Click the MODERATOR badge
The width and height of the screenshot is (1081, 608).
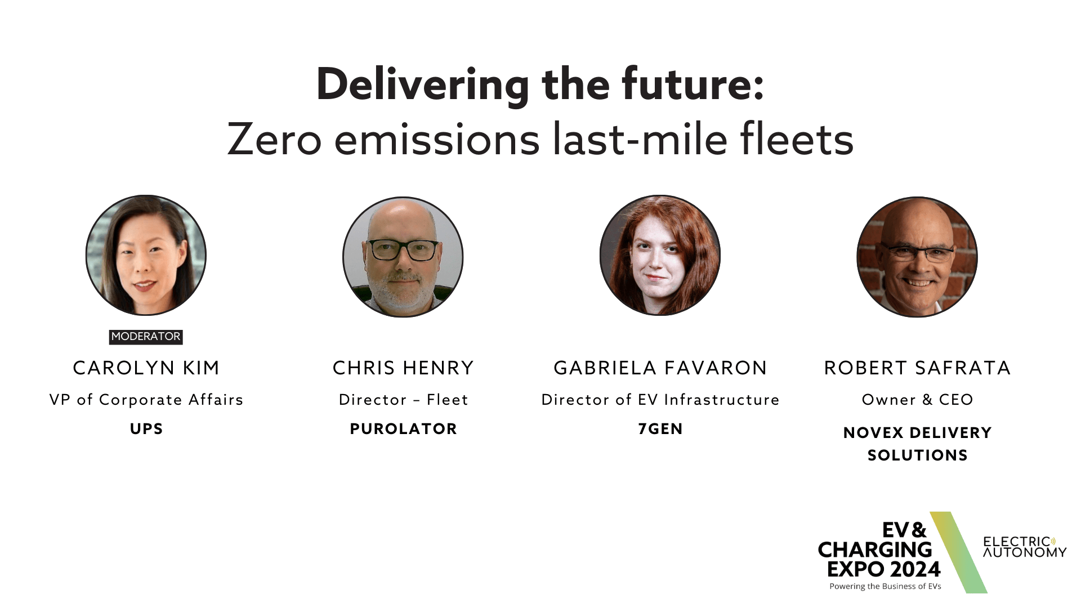[146, 337]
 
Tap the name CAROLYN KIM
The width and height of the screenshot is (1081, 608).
[146, 368]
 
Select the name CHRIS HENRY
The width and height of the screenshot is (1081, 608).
[403, 368]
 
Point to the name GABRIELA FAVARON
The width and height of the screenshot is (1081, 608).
[660, 368]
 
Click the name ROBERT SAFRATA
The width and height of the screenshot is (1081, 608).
[917, 368]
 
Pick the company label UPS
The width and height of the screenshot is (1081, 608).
[146, 429]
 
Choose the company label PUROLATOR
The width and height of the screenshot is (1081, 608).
[403, 429]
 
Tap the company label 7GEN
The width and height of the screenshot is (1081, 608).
[660, 429]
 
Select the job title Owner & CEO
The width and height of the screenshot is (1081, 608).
[917, 400]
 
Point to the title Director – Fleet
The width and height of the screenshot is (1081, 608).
[403, 400]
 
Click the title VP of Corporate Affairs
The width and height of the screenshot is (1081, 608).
[146, 400]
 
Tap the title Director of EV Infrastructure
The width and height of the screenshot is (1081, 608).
[660, 400]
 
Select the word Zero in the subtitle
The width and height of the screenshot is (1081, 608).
[274, 140]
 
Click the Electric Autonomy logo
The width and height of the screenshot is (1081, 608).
[1024, 547]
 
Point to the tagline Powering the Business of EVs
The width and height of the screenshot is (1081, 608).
[885, 587]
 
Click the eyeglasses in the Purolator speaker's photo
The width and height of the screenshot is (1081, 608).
[403, 250]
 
